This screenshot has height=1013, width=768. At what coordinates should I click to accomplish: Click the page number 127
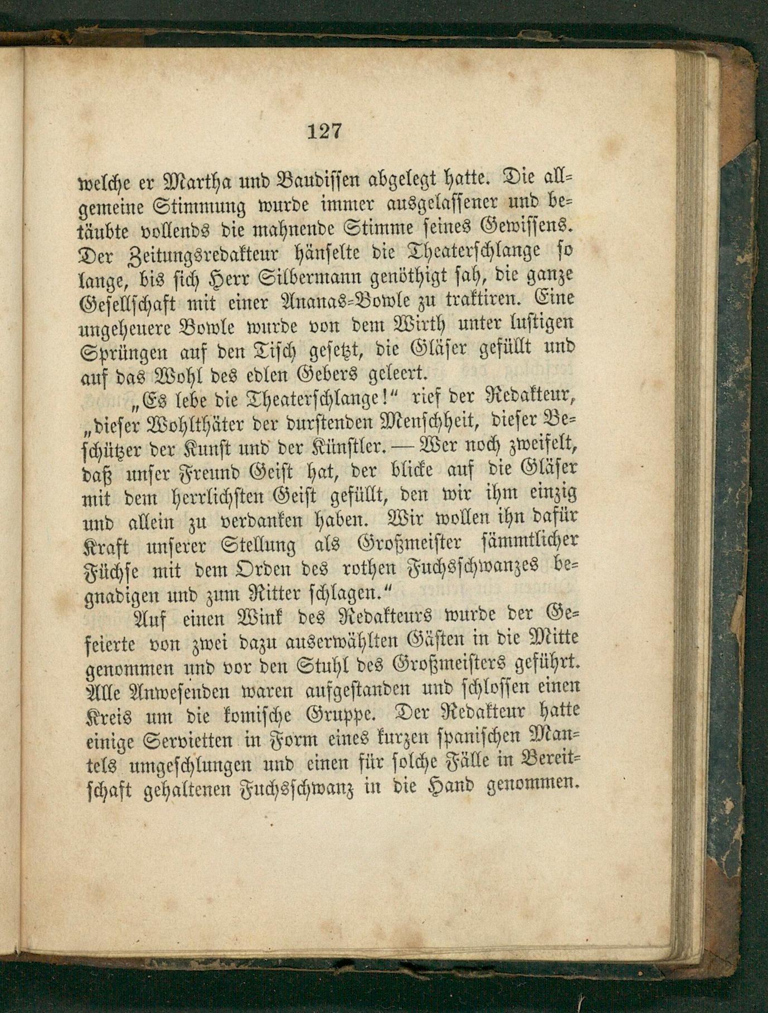point(324,132)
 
